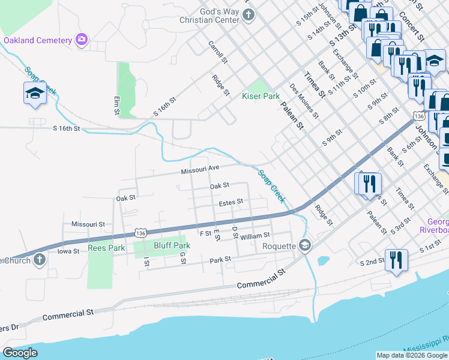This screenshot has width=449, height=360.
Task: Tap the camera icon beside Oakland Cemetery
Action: coord(82,40)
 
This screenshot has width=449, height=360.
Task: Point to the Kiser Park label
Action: coord(261,96)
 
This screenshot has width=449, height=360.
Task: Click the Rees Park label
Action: coord(106,247)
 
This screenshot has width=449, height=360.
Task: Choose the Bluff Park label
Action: coord(172,245)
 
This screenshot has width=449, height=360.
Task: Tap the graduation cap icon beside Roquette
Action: coord(305,245)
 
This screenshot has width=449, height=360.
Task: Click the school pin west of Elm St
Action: coord(34,94)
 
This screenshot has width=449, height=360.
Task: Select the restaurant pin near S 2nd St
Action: coord(396,260)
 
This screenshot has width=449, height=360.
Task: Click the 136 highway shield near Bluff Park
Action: coord(140,233)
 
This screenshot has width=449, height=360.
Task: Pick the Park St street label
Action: coord(220,260)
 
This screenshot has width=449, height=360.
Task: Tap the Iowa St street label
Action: coord(68,251)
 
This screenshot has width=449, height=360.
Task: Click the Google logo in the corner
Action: coord(20,353)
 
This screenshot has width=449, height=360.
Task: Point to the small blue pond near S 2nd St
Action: coord(323,261)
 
